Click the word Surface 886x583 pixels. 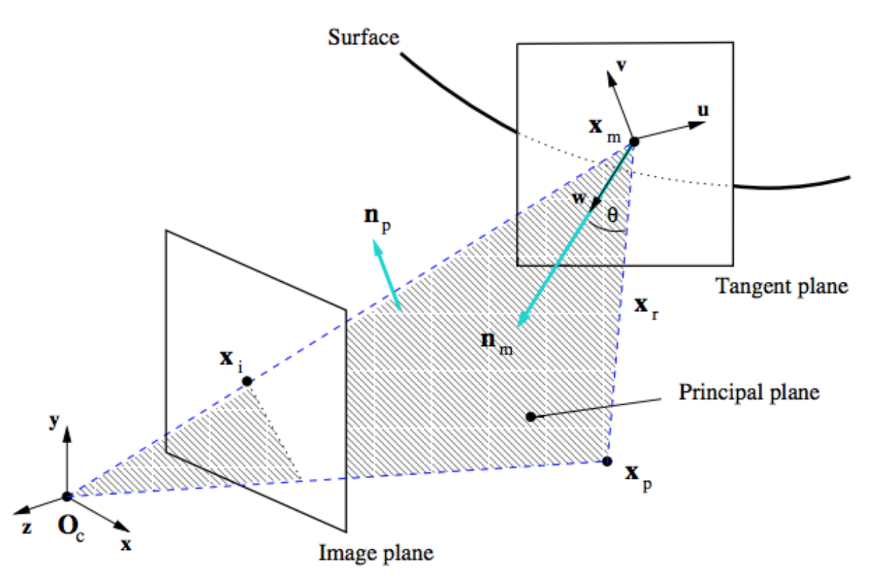tap(363, 38)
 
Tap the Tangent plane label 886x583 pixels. tap(781, 286)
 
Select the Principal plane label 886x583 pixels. tap(749, 392)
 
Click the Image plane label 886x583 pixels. tap(376, 553)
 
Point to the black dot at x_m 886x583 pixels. tap(634, 141)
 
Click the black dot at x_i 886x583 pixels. tap(247, 381)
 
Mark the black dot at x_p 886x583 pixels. tap(607, 461)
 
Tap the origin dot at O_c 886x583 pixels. tap(67, 496)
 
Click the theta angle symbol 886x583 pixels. tap(612, 215)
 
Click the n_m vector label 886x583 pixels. tap(496, 342)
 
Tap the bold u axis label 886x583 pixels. tap(703, 110)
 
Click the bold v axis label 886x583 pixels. tap(622, 65)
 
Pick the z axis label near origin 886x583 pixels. tap(26, 527)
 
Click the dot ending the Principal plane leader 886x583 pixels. tap(531, 417)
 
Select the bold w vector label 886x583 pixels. tap(579, 198)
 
